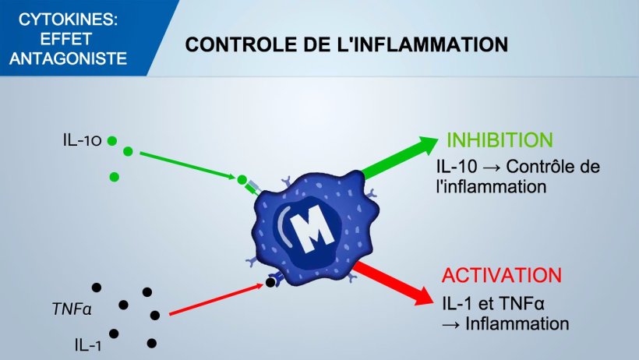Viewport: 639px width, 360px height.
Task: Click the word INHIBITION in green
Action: (x=500, y=141)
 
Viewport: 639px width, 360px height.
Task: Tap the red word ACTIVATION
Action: (x=501, y=276)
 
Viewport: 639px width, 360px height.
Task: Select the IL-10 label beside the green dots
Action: (x=83, y=141)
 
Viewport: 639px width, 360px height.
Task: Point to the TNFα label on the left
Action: (x=72, y=309)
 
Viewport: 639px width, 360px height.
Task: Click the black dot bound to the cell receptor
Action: (x=270, y=283)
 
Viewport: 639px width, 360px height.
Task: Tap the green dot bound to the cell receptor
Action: (x=242, y=180)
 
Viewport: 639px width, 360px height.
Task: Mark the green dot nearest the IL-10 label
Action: (x=112, y=141)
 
